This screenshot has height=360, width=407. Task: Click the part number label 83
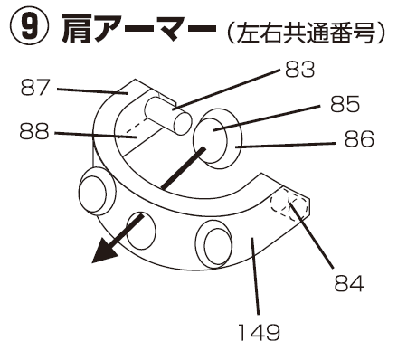pos(299,70)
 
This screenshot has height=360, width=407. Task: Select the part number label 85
pos(345,104)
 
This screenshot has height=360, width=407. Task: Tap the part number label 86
pos(359,138)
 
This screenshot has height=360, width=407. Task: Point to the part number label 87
pos(35,88)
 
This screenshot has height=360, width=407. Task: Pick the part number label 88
pos(34,132)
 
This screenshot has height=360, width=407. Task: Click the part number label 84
pos(349,283)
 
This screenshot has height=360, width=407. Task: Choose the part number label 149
pos(260,332)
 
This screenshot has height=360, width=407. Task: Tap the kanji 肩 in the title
pos(76,28)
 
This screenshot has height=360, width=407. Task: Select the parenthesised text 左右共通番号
pos(306,33)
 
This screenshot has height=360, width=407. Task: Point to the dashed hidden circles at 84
pos(289,206)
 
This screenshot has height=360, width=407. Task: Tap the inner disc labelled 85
pos(210,141)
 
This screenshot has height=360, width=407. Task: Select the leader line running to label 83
pos(226,90)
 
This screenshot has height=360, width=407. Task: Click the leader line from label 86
pos(285,145)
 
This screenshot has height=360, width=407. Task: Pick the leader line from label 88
pos(95,135)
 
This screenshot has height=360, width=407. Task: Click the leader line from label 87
pos(92,91)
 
